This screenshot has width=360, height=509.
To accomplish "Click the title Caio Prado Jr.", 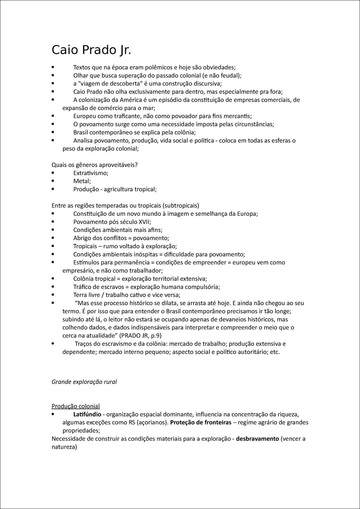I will point(91,50).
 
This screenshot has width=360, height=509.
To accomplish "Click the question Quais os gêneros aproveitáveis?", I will point(94,165).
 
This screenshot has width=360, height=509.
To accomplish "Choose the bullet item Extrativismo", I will point(90,173).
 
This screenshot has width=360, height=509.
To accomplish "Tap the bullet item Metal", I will point(82,181).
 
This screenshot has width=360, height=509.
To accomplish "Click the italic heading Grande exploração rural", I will point(84,382).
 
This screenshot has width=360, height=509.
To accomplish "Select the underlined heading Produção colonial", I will point(76,406).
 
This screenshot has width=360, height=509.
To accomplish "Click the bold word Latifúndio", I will point(87,415).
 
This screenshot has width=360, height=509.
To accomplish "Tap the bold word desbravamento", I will point(257,439).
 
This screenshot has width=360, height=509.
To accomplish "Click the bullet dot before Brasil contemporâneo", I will point(53,132).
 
